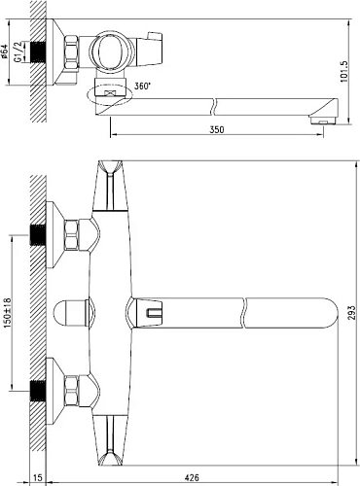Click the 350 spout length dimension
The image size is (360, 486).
click(x=217, y=129)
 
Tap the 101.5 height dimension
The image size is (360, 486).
click(x=344, y=72)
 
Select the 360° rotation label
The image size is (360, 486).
click(x=143, y=87)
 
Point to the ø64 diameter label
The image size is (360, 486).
click(x=5, y=52)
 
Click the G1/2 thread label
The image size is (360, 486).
click(x=18, y=52)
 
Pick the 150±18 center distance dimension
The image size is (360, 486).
click(x=8, y=313)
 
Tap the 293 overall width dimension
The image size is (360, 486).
click(x=352, y=313)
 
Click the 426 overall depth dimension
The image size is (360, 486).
click(x=192, y=477)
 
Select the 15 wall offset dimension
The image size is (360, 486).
click(x=38, y=477)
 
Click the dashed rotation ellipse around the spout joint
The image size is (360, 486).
click(x=110, y=104)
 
